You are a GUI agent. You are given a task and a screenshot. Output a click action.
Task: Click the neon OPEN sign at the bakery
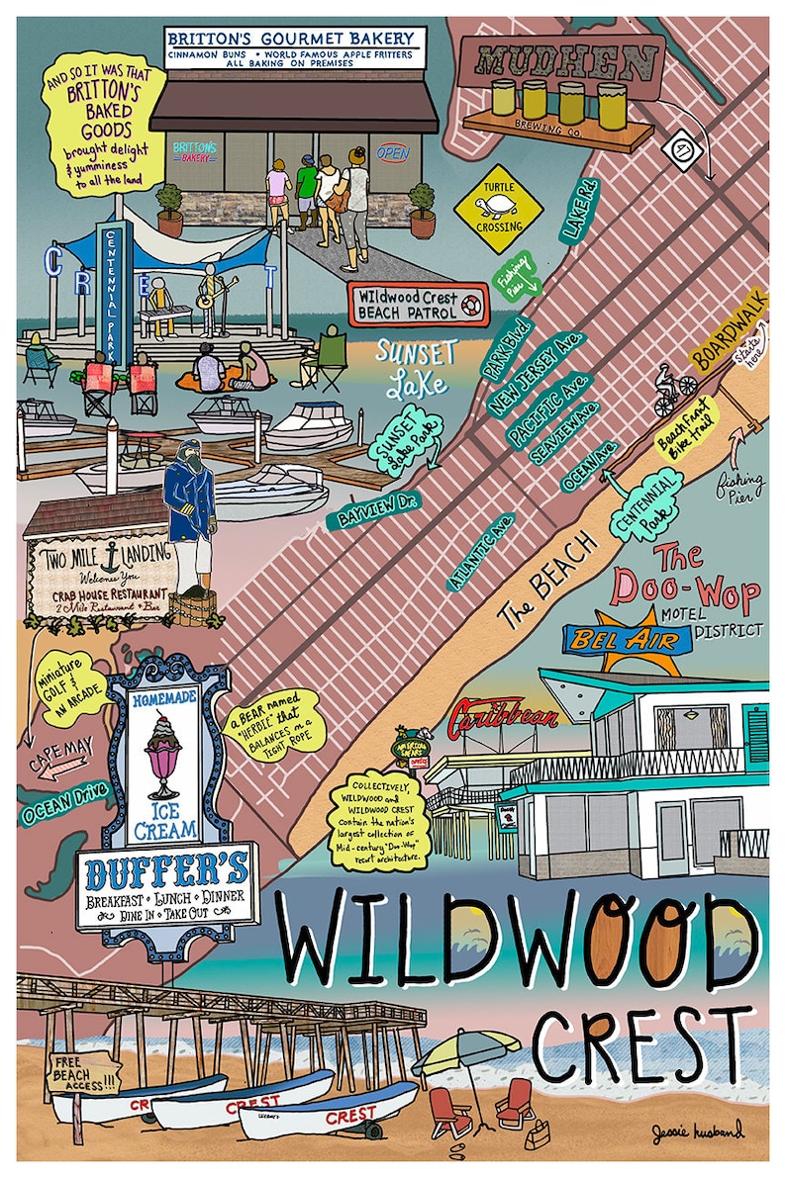pos(393,153)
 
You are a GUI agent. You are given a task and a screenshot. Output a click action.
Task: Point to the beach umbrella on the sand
pos(465,1051)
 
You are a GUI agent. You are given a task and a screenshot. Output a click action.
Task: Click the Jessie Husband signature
pos(696,1131)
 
